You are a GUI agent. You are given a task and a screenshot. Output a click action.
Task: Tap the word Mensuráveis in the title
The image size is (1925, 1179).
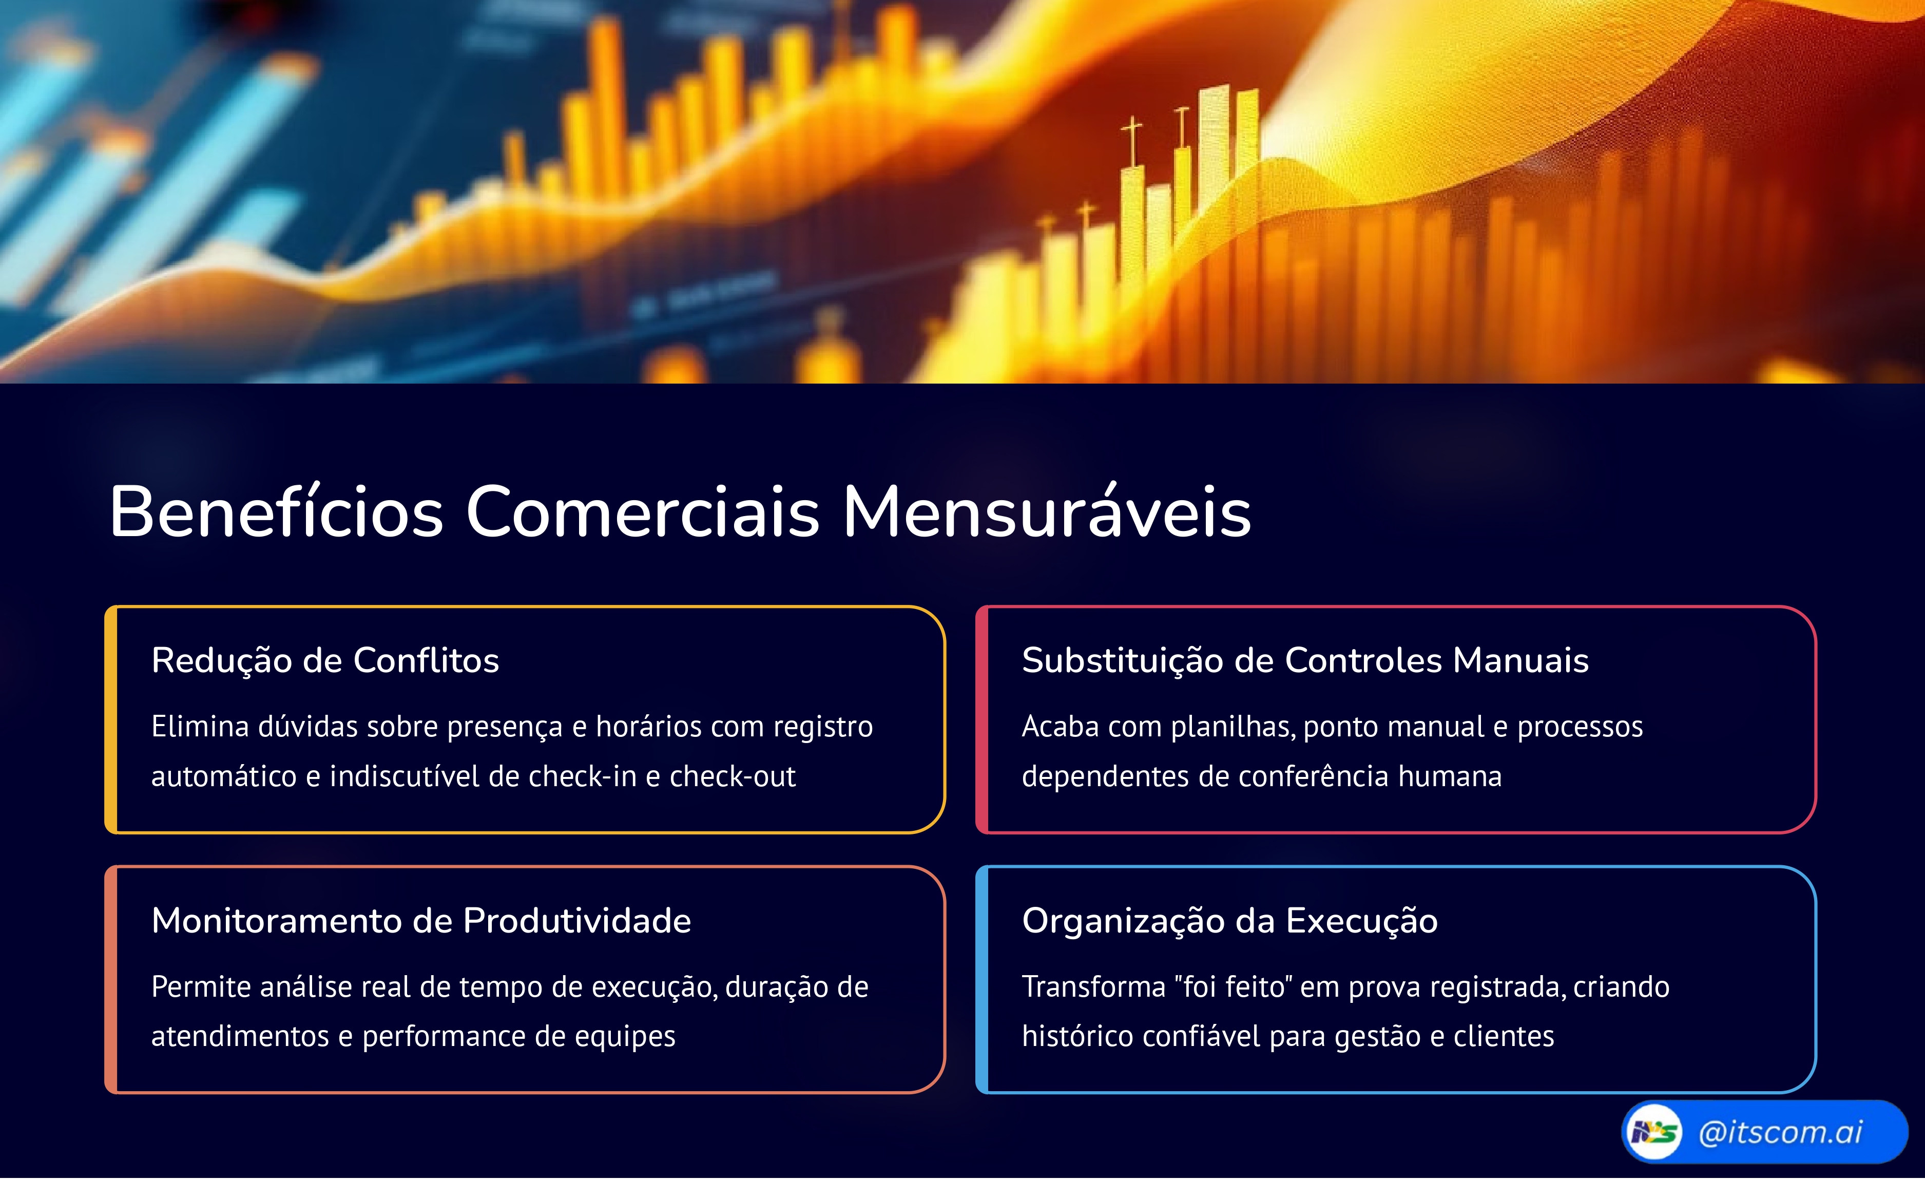(1047, 512)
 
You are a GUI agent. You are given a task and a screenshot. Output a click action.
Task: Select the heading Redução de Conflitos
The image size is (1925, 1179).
(325, 660)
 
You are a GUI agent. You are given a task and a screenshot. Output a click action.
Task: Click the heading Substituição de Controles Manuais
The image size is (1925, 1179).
(1305, 660)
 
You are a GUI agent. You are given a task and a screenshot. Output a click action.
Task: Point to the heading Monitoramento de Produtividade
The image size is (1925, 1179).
(421, 920)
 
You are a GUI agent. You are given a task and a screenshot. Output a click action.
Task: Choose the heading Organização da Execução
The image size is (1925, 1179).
(1229, 920)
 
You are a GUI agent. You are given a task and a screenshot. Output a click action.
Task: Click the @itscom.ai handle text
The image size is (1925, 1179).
(1780, 1132)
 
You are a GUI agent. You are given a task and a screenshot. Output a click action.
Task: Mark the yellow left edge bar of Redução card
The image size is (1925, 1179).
(111, 719)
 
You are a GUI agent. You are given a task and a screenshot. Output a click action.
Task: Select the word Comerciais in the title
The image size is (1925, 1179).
(642, 512)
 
